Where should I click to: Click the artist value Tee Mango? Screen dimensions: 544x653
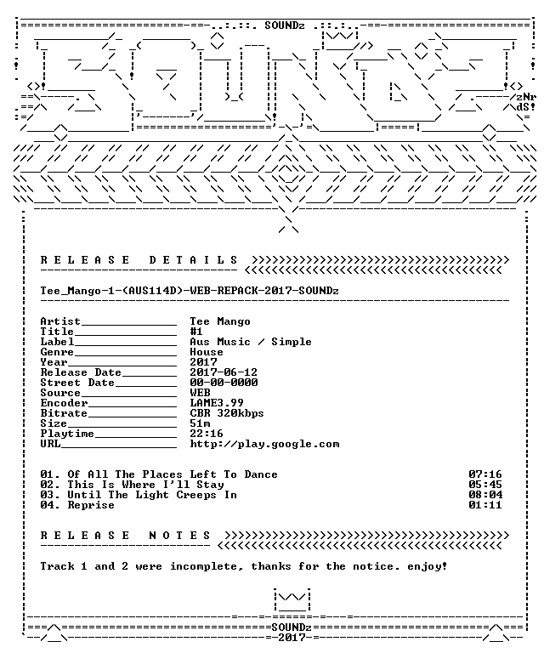click(x=220, y=321)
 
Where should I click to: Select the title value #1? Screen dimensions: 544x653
click(x=196, y=332)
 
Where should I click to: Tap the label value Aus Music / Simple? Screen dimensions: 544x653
click(x=251, y=342)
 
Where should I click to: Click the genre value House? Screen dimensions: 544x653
click(x=207, y=352)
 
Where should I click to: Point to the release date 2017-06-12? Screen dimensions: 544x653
click(x=224, y=372)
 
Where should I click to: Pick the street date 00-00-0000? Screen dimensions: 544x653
click(x=224, y=383)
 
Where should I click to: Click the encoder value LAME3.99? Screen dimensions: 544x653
click(x=217, y=403)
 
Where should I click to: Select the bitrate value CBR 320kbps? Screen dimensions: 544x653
click(x=227, y=413)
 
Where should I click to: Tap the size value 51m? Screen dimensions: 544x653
click(x=200, y=423)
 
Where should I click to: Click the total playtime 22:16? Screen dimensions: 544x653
click(x=207, y=434)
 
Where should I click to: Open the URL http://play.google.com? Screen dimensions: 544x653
click(x=264, y=444)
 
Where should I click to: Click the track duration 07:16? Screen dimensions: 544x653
click(x=485, y=474)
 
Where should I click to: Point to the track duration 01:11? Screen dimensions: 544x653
click(x=485, y=505)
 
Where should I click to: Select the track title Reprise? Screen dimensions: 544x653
click(x=91, y=505)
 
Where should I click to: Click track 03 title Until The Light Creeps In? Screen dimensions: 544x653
click(x=152, y=495)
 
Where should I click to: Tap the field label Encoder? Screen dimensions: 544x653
click(x=64, y=403)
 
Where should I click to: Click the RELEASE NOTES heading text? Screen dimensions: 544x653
click(x=125, y=535)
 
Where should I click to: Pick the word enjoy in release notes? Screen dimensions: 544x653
click(x=424, y=566)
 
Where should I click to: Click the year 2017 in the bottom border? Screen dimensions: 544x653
click(x=292, y=637)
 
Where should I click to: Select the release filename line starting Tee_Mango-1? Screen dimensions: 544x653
click(x=190, y=291)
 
